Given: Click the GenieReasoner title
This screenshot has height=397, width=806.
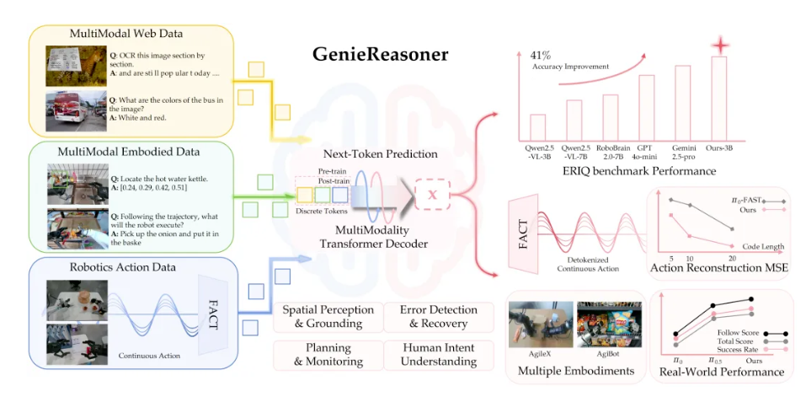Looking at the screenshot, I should pyautogui.click(x=382, y=55).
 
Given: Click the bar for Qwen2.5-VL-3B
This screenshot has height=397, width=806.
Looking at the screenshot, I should pyautogui.click(x=537, y=127).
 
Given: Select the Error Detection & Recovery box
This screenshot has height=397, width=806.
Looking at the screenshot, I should pyautogui.click(x=438, y=317).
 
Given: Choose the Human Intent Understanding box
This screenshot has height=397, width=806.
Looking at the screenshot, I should pyautogui.click(x=438, y=354).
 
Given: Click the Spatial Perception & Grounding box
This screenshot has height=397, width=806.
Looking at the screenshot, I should pyautogui.click(x=323, y=317).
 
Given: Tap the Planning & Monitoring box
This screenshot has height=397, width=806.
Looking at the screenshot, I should pyautogui.click(x=323, y=354).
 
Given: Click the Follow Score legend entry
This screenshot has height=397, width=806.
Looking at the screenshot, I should pyautogui.click(x=738, y=333).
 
